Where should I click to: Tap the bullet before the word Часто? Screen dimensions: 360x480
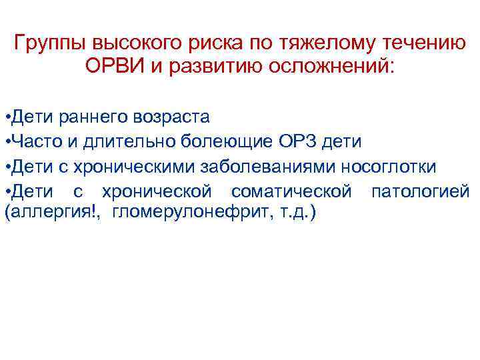pos(6,141)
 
